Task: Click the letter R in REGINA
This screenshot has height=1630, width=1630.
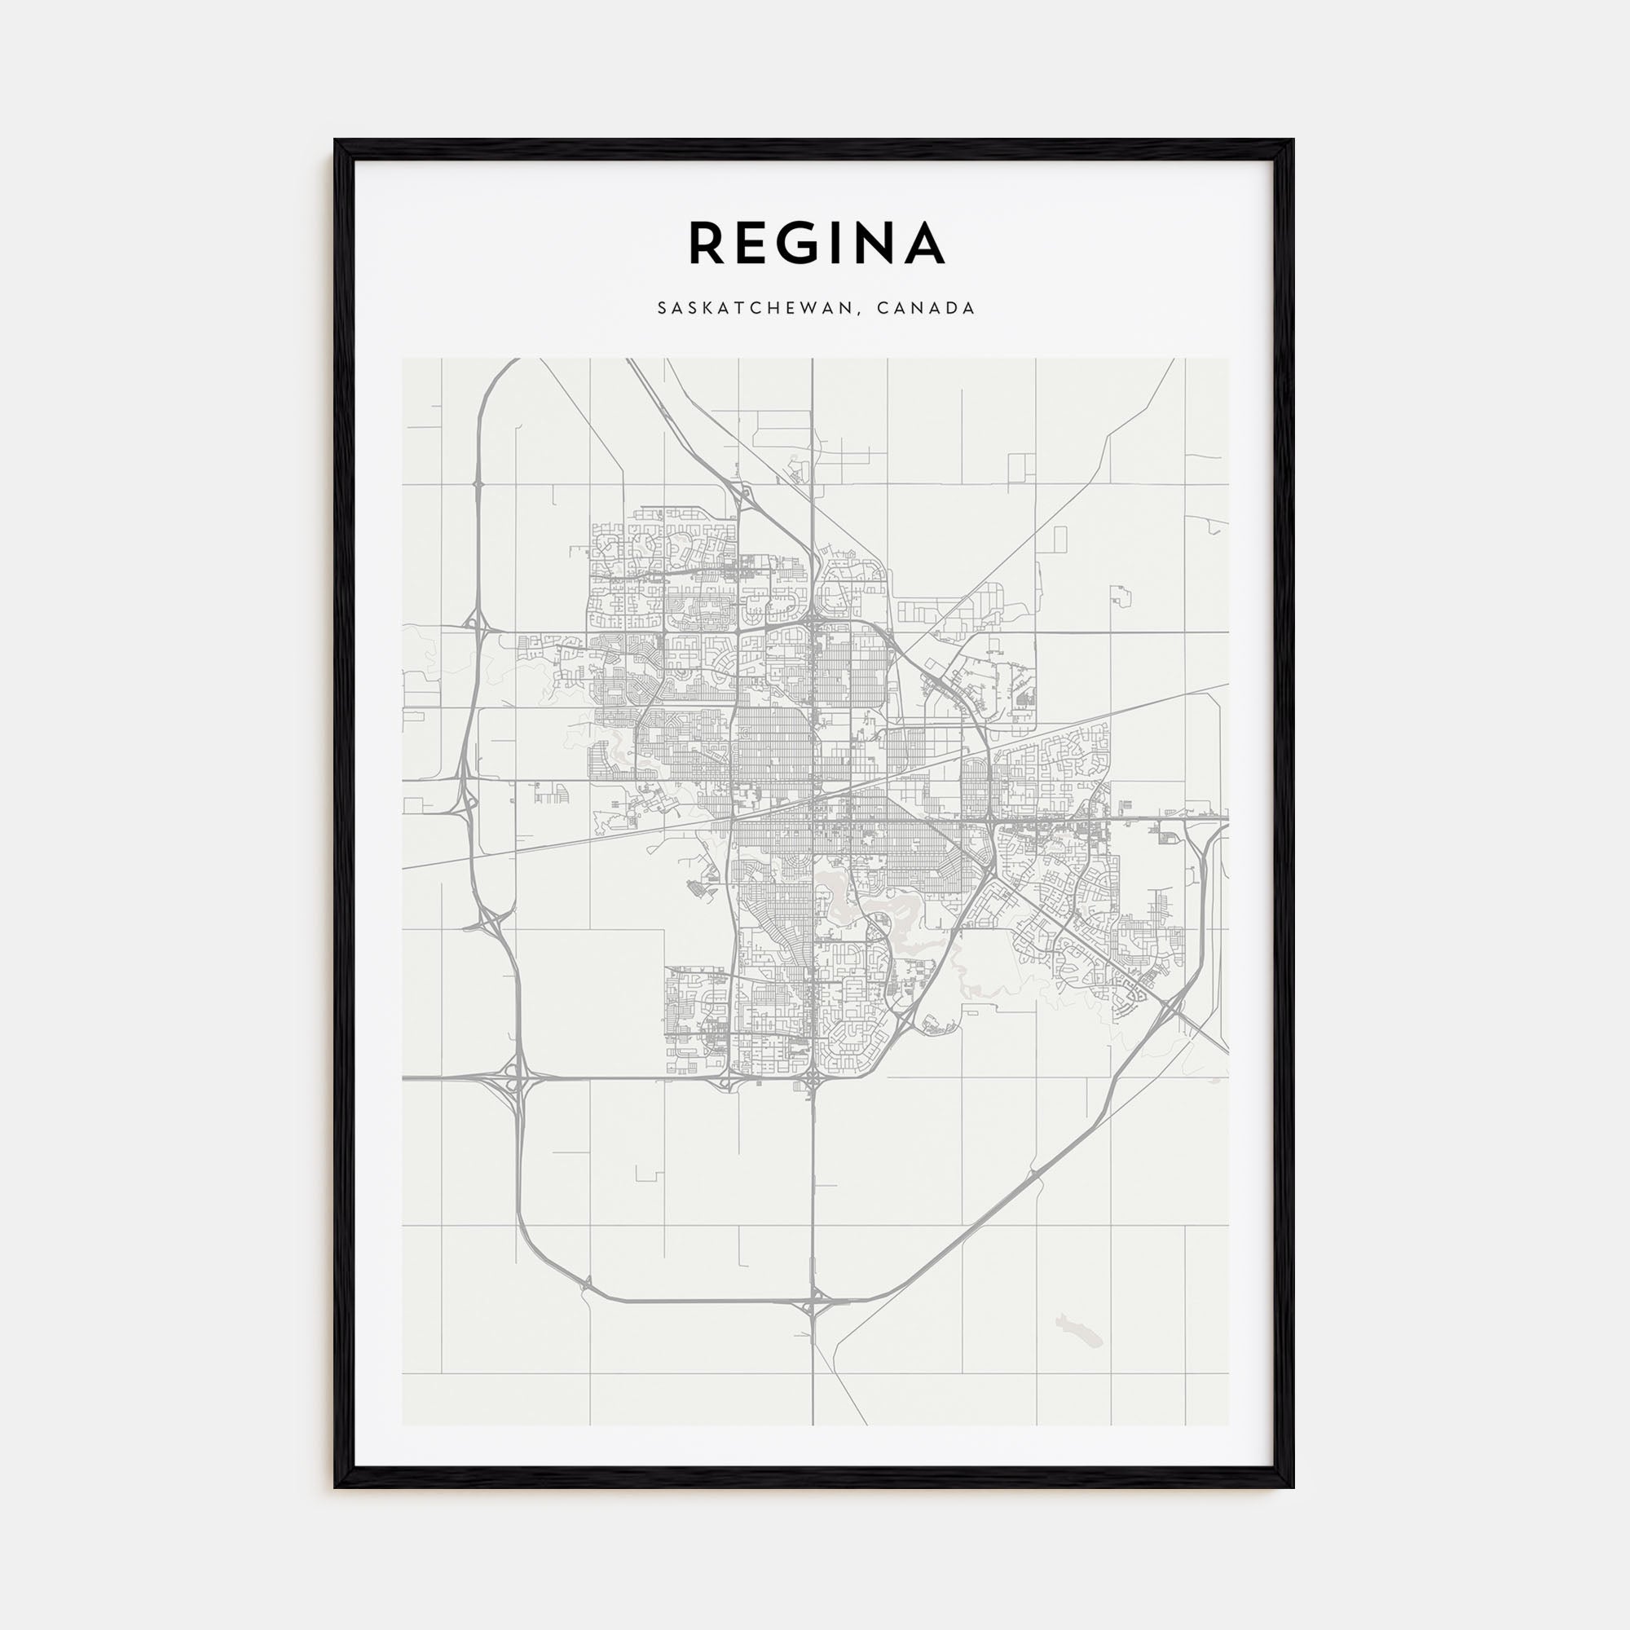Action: [x=707, y=243]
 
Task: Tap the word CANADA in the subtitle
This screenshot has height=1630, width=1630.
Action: [x=926, y=309]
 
